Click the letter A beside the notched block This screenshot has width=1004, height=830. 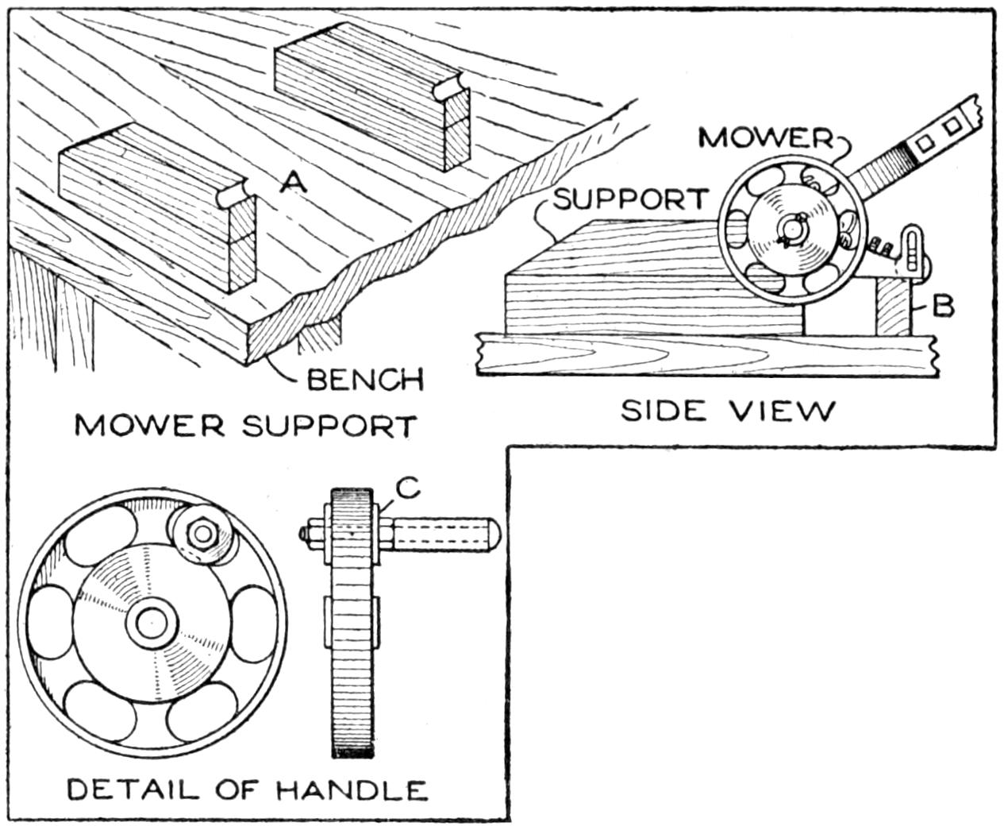(x=294, y=183)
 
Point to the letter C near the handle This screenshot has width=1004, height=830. (x=407, y=491)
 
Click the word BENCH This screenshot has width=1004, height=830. (x=364, y=380)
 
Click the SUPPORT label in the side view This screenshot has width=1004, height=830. (x=629, y=199)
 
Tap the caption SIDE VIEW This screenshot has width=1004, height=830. (x=727, y=411)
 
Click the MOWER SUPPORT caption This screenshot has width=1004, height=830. (x=244, y=426)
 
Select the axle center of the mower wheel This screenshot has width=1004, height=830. (x=791, y=229)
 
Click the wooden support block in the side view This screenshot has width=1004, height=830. (x=635, y=286)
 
